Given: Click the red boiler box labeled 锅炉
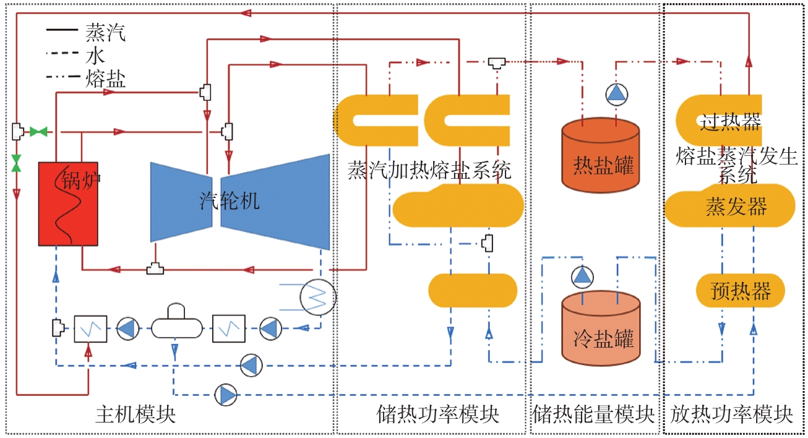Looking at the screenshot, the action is [x=68, y=204].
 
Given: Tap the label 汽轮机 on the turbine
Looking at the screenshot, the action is [x=230, y=200].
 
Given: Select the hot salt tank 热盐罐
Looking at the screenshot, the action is [x=601, y=155].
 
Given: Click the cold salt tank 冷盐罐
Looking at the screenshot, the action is [x=601, y=328].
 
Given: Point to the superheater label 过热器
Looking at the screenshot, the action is [x=731, y=122].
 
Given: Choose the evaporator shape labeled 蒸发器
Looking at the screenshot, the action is [x=729, y=205].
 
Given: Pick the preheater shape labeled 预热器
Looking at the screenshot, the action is [x=740, y=290].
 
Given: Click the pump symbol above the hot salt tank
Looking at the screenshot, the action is [x=616, y=95].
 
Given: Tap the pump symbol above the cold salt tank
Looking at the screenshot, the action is [x=582, y=277].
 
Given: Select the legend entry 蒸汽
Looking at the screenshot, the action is [x=105, y=32].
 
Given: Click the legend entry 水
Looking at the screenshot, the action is [x=95, y=56].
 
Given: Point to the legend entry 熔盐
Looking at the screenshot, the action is [x=105, y=79].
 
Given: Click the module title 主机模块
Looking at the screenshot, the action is [x=135, y=414].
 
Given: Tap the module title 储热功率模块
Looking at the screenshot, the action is [x=438, y=414].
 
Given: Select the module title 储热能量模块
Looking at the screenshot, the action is [x=593, y=414].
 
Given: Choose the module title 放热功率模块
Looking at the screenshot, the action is [x=731, y=414].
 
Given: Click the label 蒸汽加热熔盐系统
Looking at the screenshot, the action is [x=429, y=170].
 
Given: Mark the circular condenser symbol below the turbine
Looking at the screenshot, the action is [x=318, y=297].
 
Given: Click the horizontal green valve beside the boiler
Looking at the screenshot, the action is [x=38, y=132].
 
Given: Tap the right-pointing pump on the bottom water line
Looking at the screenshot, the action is [x=226, y=395].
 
